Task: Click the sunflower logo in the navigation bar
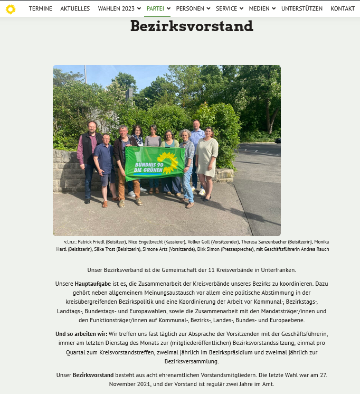[11, 9]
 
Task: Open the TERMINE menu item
[41, 9]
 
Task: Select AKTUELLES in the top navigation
[75, 9]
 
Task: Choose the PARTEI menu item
[155, 9]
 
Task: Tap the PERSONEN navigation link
[190, 9]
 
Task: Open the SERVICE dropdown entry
[226, 9]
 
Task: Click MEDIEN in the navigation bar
[259, 9]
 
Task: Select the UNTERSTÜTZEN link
[302, 9]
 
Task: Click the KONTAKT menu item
[343, 9]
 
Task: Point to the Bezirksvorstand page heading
[192, 26]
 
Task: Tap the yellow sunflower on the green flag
[168, 161]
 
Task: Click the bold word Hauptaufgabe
[92, 284]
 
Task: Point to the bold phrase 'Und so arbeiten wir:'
[81, 334]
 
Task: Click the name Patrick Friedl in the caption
[94, 241]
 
